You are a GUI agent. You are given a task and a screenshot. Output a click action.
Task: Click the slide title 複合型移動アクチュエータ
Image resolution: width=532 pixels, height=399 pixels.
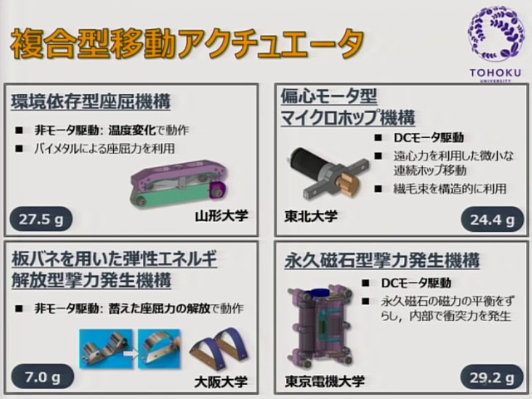(187, 42)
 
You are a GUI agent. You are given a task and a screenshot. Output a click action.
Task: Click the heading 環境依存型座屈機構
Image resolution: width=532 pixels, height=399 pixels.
(91, 102)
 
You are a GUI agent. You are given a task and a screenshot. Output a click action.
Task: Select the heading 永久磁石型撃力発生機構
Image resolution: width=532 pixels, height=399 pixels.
(382, 260)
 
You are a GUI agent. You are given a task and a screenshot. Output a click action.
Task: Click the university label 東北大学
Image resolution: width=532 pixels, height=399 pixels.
(311, 218)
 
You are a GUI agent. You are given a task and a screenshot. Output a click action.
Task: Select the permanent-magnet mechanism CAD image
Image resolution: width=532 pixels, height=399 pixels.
(320, 328)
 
